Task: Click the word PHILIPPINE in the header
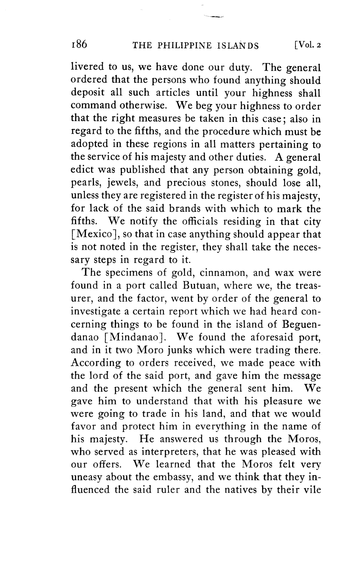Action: (x=182, y=46)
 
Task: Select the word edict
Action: (x=82, y=170)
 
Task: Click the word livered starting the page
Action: (x=87, y=67)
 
